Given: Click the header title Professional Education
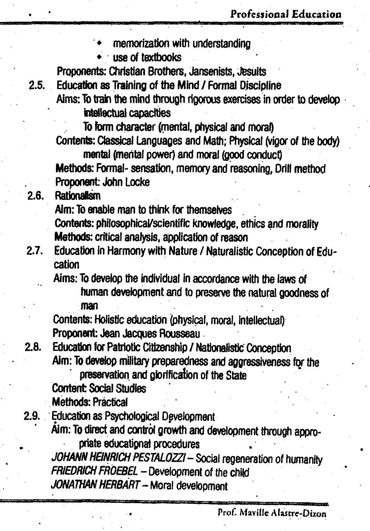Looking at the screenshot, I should pos(286,14).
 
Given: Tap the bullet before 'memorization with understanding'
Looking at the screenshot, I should pos(99,43).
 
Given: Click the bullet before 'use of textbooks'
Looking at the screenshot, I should pos(99,57).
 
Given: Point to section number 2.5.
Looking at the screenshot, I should pos(37,85).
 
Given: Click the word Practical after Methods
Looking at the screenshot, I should pos(110,402).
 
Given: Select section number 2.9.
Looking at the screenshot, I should pos(32,416).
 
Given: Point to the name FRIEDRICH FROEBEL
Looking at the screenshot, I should pos(94,472).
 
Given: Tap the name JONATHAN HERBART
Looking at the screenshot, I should pos(94,486).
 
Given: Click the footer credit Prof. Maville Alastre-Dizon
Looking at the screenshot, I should pos(272,514).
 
